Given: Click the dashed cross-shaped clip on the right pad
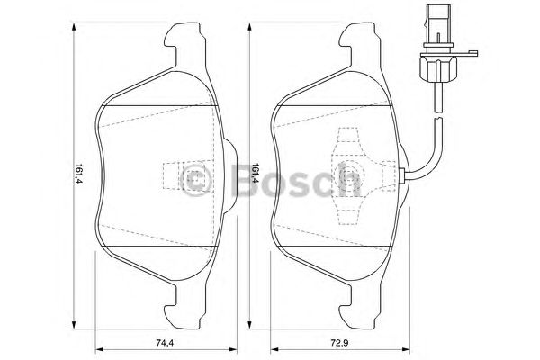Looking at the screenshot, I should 346,175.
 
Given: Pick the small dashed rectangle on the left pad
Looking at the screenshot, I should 172,175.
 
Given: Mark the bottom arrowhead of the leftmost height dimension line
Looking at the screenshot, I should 69,328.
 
